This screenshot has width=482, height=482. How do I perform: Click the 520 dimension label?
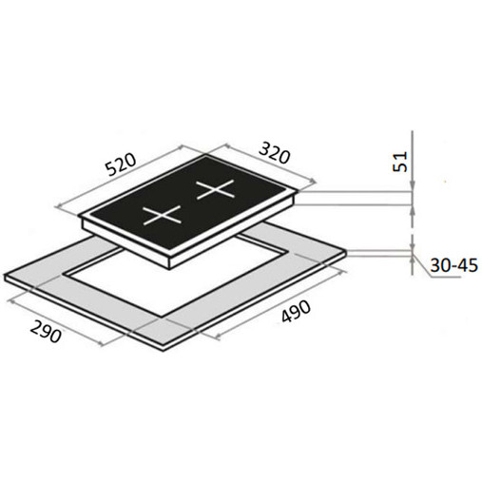[x=122, y=164]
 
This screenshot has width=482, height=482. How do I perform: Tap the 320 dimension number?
[x=275, y=153]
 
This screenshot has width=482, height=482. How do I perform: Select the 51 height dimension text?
[x=400, y=162]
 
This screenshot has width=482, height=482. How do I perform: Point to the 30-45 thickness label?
[x=453, y=265]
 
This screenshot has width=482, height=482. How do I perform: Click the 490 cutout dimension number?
[x=296, y=312]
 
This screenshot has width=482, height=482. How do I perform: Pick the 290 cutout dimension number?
[x=46, y=332]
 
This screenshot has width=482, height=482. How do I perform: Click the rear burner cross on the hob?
[x=216, y=190]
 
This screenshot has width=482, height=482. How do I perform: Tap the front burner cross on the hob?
[x=162, y=216]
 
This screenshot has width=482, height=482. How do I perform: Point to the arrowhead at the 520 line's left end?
[x=58, y=206]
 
